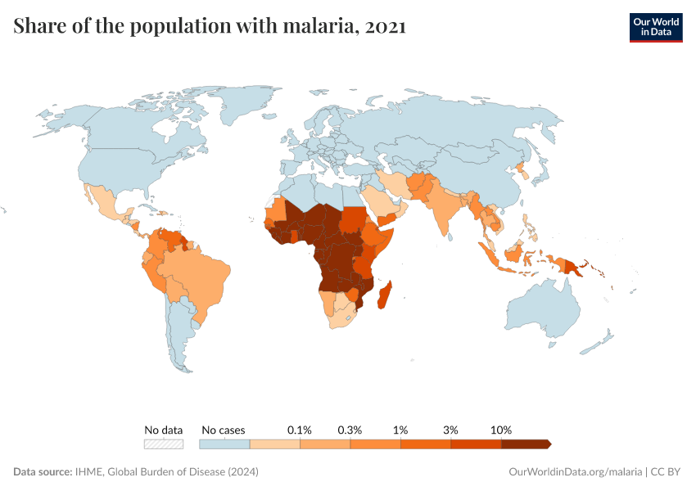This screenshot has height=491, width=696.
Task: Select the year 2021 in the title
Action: point(382,26)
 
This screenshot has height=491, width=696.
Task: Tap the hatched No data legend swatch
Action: point(163,444)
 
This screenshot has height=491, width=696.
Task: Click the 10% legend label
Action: point(501,430)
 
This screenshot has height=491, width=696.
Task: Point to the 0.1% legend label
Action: point(300,430)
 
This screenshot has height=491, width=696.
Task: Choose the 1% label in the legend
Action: point(400,430)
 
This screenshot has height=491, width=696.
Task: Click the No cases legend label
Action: point(223,430)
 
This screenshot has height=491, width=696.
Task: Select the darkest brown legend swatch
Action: point(526,444)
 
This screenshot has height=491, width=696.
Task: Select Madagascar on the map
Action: point(382,295)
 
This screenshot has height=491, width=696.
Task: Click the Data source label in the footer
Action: point(43,472)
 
